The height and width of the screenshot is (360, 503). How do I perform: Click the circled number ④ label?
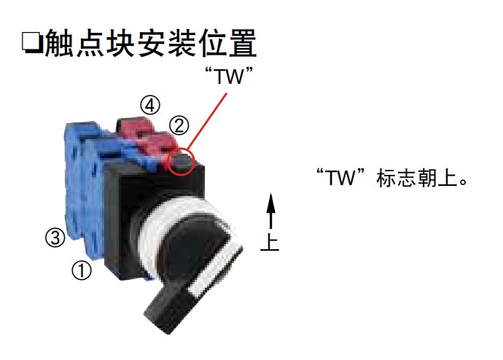[149, 105]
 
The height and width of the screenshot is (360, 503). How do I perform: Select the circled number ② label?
[178, 125]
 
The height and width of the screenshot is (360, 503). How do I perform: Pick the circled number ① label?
[81, 270]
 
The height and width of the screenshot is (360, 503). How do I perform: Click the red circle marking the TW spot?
[181, 163]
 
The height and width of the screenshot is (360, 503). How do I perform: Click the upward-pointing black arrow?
[270, 212]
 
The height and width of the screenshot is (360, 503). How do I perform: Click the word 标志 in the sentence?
[394, 179]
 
